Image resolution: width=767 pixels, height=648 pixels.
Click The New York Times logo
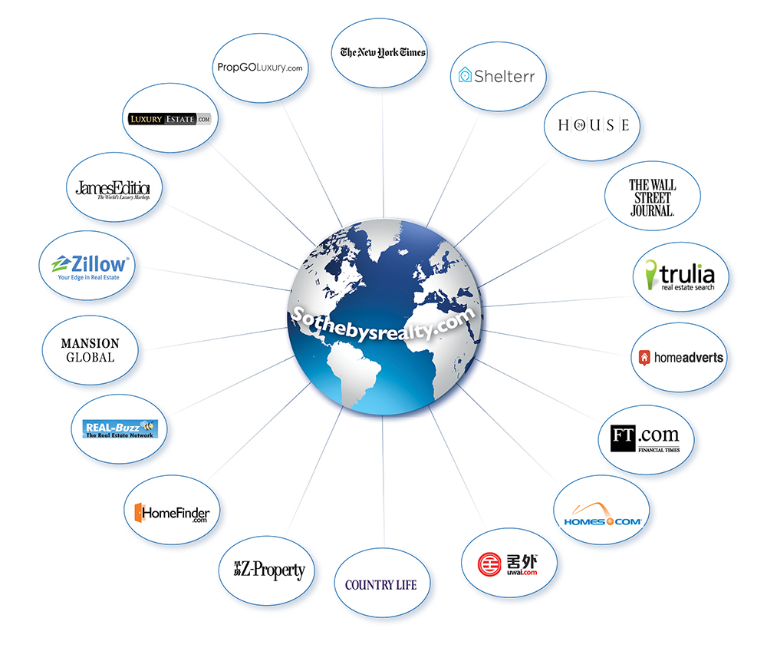point(383,52)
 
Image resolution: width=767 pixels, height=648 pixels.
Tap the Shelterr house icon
point(465,75)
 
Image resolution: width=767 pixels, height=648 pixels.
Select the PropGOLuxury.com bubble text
point(260,68)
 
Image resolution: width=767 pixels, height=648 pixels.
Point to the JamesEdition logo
point(113,189)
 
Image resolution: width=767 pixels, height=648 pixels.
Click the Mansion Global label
point(91,350)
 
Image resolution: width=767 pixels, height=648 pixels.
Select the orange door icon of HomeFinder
point(139,511)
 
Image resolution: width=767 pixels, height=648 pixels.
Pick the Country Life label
point(381,585)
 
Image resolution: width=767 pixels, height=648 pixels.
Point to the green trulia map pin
point(651,276)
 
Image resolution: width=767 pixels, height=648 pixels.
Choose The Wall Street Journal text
point(652,197)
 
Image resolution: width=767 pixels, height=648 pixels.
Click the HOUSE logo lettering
point(594,124)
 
